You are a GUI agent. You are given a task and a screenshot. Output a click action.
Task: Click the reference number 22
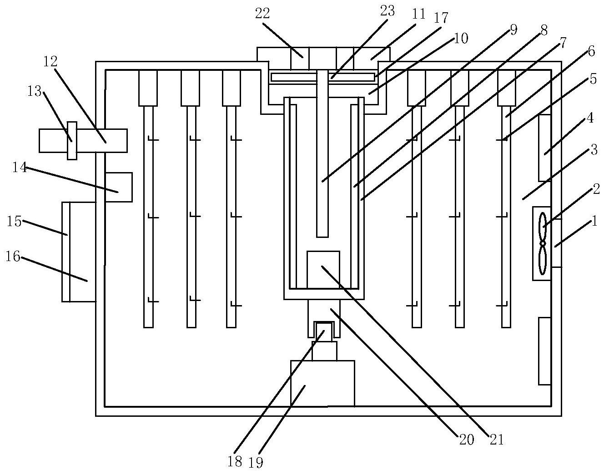click(262, 14)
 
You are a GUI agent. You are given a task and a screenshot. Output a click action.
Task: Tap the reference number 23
click(387, 11)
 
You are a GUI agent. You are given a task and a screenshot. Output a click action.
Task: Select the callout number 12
click(50, 61)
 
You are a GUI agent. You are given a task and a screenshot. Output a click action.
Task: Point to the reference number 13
click(35, 91)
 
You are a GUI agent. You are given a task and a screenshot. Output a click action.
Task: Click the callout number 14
click(19, 168)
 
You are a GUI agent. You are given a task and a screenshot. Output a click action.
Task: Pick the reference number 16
click(13, 257)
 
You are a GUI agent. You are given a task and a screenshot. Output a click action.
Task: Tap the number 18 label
click(235, 462)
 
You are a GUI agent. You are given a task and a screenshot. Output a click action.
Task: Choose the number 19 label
click(256, 462)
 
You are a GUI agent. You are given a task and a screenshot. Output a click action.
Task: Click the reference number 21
click(497, 439)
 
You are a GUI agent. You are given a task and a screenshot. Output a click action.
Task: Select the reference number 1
click(593, 222)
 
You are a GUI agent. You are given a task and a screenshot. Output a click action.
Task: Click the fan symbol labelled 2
click(542, 243)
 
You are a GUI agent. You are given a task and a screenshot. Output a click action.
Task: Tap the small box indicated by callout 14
click(119, 187)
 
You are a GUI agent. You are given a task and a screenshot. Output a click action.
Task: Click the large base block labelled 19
click(322, 383)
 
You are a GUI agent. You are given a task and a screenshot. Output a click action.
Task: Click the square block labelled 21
click(323, 269)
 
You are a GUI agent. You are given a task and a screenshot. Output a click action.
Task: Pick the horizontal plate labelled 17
click(323, 77)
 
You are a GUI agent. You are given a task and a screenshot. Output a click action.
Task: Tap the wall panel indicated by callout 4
click(545, 148)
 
